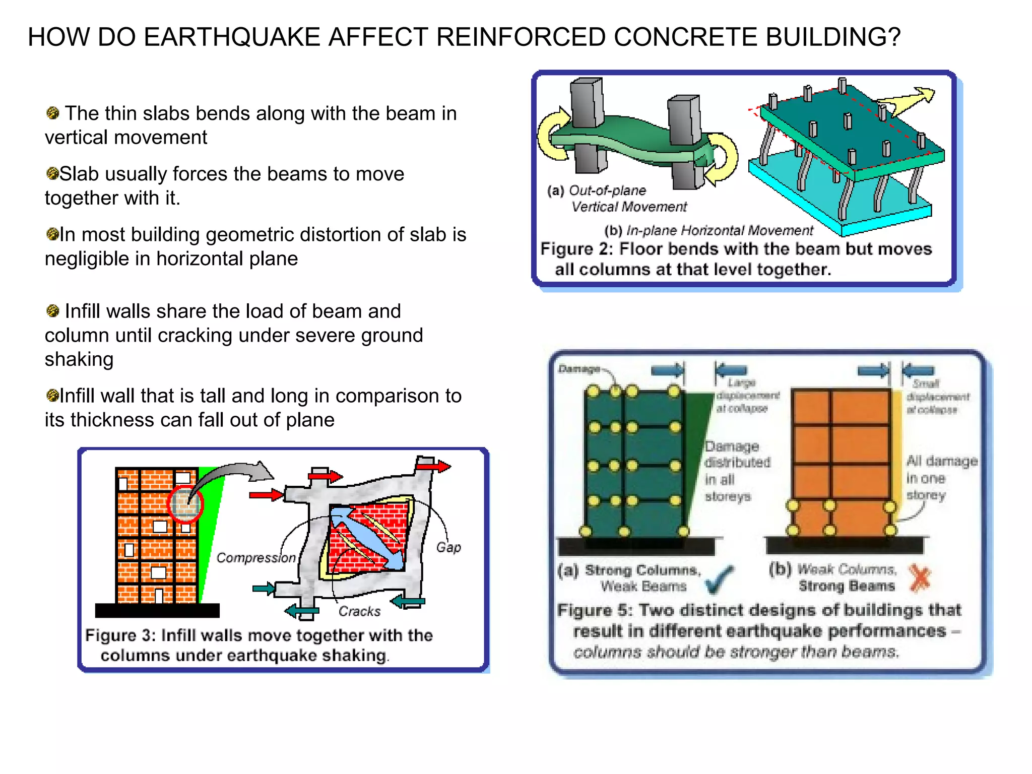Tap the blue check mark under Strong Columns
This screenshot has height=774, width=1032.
(x=719, y=579)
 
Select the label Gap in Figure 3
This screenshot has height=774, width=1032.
(x=448, y=547)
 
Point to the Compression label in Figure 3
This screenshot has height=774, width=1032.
(x=255, y=558)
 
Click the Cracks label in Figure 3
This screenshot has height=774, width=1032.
(x=359, y=611)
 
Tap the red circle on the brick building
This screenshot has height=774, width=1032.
(x=185, y=503)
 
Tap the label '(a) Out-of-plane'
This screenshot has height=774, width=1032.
(x=597, y=190)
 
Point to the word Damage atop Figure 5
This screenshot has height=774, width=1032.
(x=578, y=369)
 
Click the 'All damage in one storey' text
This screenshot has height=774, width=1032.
(x=940, y=478)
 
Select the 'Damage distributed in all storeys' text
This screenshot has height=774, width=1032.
(x=737, y=471)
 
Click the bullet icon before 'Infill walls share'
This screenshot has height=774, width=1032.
(x=52, y=311)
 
